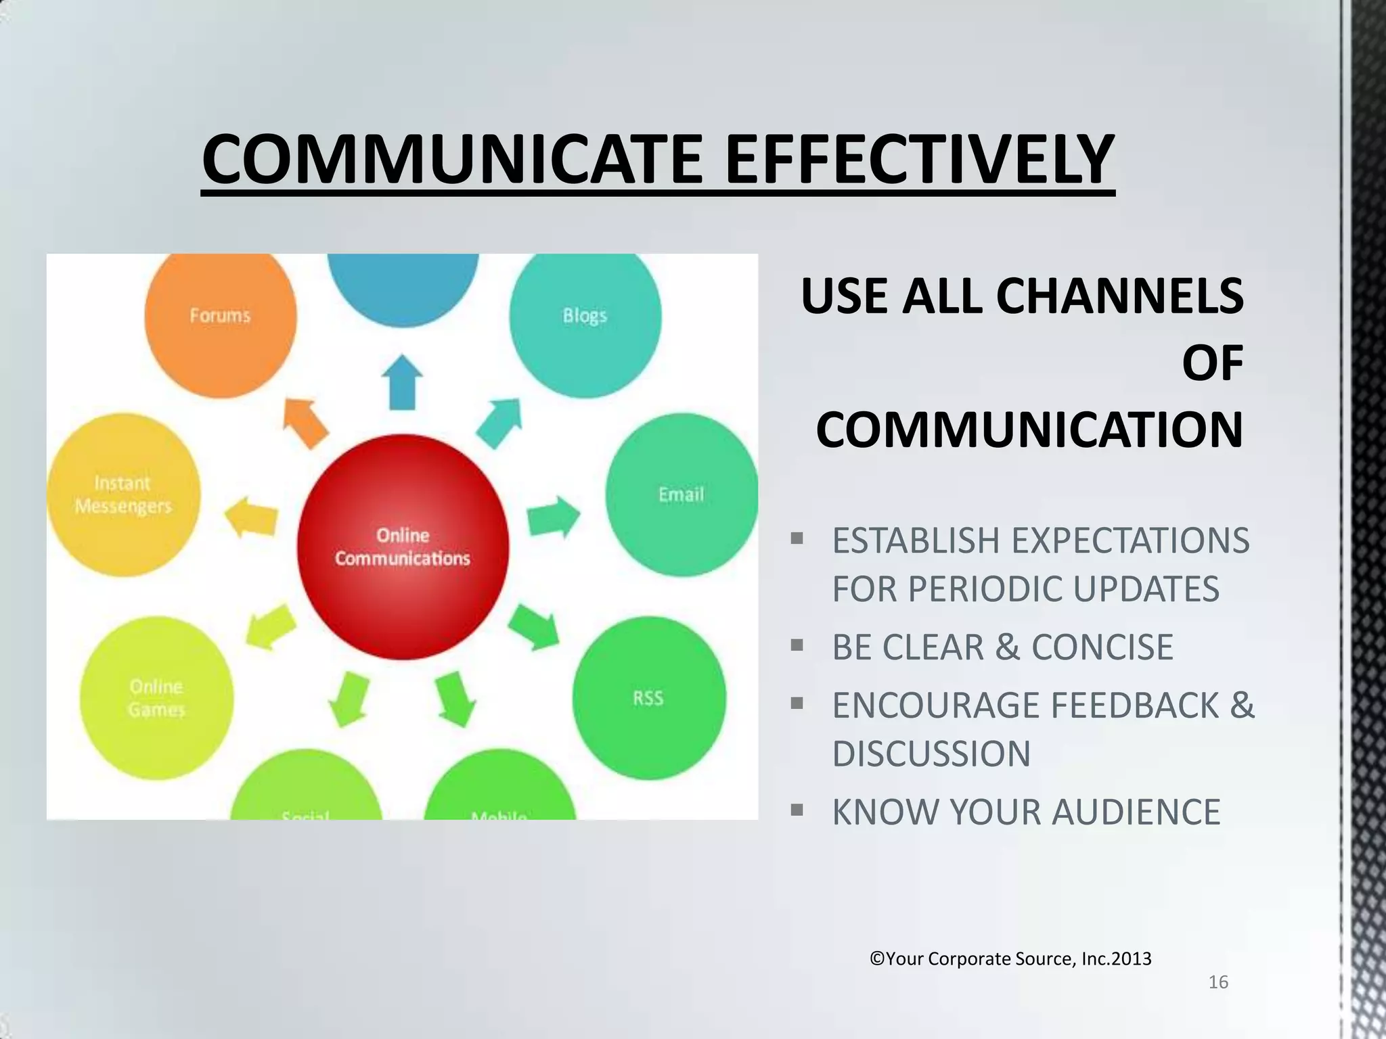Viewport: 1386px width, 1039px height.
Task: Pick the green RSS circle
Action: coord(648,699)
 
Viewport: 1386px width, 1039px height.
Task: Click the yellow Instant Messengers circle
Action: coord(123,496)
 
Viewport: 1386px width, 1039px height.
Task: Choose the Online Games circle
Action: coord(156,698)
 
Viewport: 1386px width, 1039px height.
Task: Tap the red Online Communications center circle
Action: coord(403,547)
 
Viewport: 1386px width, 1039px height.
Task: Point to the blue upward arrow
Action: coord(403,382)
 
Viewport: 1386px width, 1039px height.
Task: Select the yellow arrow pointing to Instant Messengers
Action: coord(250,517)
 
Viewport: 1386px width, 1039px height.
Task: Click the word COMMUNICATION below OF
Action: coord(1029,430)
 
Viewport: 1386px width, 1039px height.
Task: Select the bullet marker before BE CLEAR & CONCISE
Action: coord(797,645)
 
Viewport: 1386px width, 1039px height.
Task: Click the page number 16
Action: coord(1218,982)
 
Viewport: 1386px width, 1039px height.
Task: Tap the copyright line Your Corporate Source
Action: coord(1010,959)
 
